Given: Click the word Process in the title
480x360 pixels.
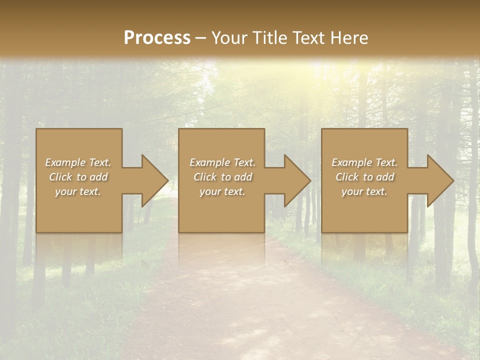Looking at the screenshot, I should tap(157, 38).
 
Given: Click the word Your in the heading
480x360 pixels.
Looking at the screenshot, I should tap(229, 38).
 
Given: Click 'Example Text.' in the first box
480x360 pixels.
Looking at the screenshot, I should tap(78, 162).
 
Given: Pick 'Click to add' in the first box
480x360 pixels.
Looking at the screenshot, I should tap(78, 177).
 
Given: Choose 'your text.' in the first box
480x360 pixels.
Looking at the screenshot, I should tap(78, 191).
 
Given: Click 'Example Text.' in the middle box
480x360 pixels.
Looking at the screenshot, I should tap(222, 162).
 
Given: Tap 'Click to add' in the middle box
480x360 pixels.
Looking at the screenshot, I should tap(222, 177).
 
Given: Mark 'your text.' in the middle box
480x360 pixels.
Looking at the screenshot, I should tap(222, 191).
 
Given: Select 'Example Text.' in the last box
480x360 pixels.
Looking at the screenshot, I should tap(364, 162).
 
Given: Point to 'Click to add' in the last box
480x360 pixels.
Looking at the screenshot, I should tap(364, 177).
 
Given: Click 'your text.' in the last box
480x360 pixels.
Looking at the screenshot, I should tap(364, 191).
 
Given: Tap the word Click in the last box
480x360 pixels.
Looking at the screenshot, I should tap(347, 177).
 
